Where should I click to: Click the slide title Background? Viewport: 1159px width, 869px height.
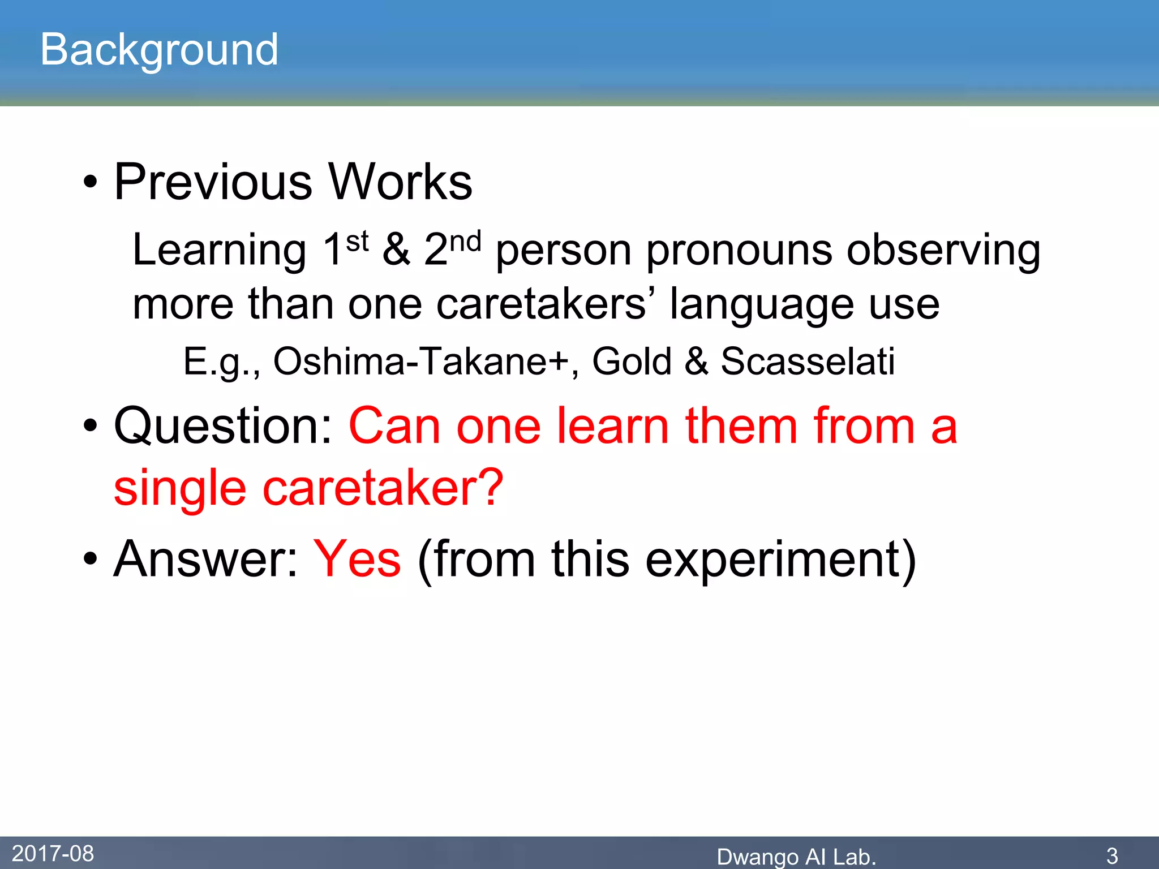(159, 50)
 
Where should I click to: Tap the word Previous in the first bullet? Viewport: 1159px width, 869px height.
(213, 182)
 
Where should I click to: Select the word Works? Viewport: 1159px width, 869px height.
(400, 182)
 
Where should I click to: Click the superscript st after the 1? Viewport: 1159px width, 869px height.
(357, 242)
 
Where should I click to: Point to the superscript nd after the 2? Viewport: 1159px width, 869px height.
(465, 242)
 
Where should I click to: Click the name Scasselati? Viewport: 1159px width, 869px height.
(808, 362)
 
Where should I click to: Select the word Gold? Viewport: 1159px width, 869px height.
(632, 362)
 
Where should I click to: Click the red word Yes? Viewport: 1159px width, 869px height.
(357, 559)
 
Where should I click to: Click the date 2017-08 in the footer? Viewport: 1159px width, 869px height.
(53, 853)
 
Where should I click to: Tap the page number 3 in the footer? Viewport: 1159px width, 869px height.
(1111, 855)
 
